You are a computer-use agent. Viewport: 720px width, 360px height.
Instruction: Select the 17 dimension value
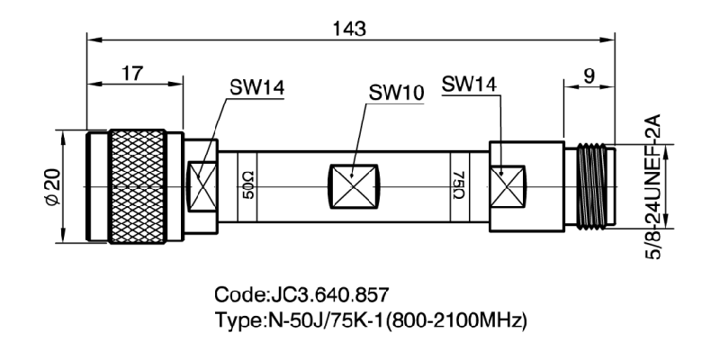(134, 73)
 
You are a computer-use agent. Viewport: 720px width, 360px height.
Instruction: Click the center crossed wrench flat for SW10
(354, 187)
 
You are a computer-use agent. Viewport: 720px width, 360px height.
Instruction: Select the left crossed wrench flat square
(200, 187)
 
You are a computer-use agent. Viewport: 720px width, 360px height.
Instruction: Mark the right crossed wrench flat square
(509, 187)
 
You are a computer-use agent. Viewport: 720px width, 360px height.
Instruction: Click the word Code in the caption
(237, 296)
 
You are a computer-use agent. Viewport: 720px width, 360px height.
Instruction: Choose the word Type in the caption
(237, 319)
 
